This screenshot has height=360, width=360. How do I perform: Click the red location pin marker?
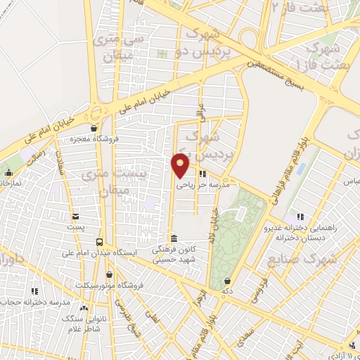[181, 165]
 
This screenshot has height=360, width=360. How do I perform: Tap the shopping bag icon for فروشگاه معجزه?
[94, 129]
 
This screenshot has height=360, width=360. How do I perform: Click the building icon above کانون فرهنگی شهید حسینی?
[173, 238]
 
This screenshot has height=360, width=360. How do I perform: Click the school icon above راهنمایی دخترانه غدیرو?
[300, 216]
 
